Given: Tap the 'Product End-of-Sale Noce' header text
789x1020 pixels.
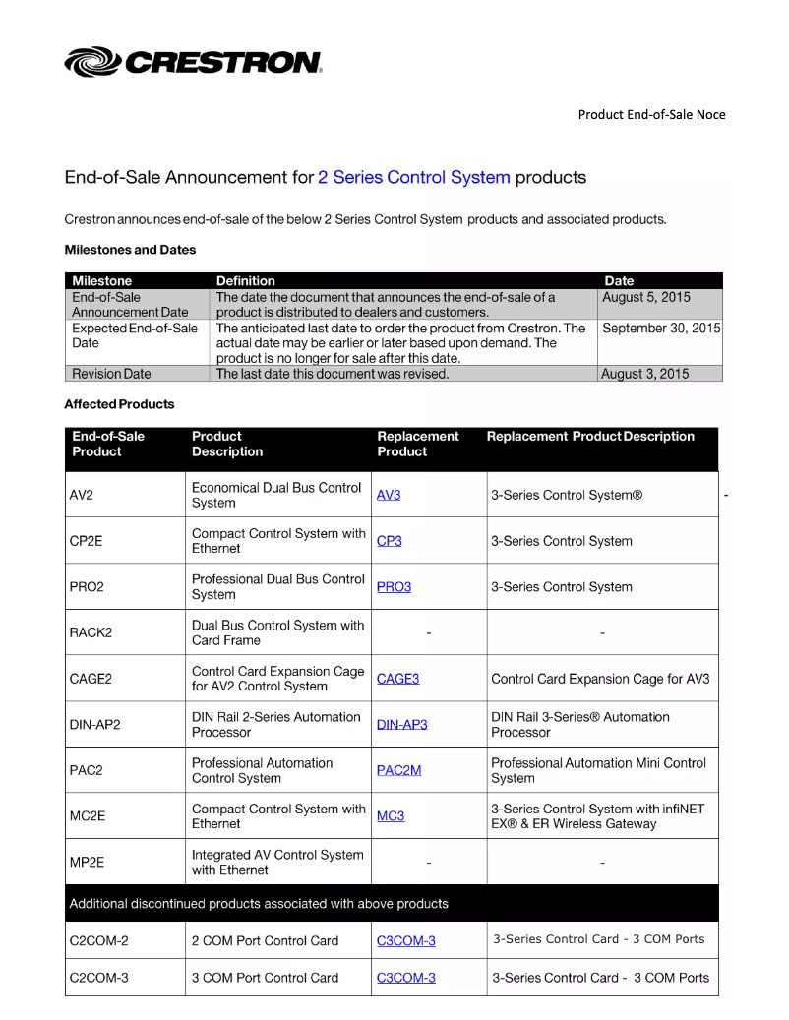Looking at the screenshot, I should click(651, 114).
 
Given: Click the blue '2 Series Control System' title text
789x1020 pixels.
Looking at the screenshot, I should click(414, 178).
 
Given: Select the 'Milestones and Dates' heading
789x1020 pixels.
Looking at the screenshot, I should click(130, 250).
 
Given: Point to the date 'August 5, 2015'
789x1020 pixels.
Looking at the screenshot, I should click(646, 297).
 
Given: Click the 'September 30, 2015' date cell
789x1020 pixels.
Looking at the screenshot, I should click(661, 328).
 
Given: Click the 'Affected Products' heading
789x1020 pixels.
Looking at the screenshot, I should click(119, 404).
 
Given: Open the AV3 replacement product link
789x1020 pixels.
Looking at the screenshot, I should click(389, 495).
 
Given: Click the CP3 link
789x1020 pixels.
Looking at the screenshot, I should click(390, 541).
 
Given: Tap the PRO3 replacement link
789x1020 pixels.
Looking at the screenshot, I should click(394, 587).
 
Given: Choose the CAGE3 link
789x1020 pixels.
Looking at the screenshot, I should click(397, 679).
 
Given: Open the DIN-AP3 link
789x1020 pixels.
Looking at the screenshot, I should click(402, 725).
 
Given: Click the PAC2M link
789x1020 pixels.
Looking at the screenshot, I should click(398, 770).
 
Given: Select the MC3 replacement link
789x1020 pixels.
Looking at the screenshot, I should click(391, 816).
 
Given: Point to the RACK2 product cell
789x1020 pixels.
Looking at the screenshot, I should click(91, 632).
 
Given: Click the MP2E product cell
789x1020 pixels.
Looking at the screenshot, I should click(87, 863).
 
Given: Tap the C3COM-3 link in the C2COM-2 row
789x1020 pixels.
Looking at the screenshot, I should click(406, 941).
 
